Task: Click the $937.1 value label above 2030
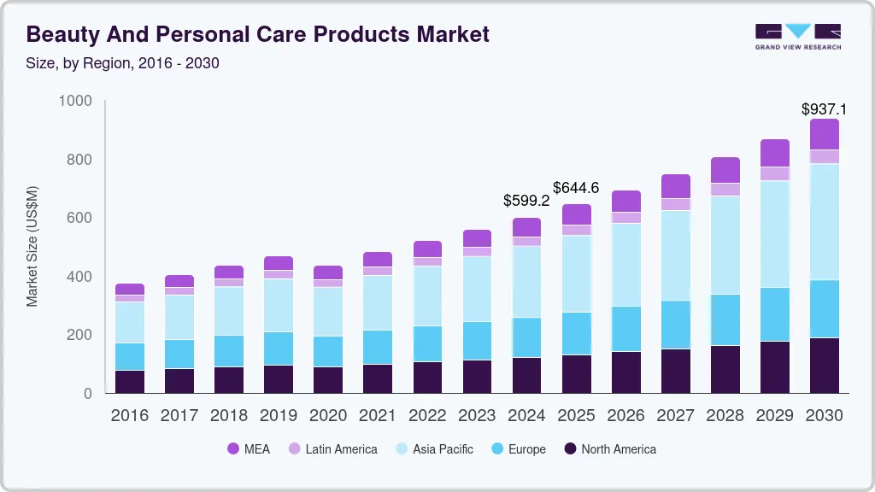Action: [824, 109]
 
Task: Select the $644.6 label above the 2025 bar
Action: [576, 188]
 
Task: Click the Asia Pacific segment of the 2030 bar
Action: [824, 222]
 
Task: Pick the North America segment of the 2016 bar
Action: [130, 382]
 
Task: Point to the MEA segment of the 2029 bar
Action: [775, 153]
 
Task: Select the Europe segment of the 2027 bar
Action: [675, 325]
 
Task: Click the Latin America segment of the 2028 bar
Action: [725, 190]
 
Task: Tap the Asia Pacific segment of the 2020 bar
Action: [328, 312]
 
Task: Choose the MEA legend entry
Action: [249, 449]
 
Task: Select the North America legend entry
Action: [609, 449]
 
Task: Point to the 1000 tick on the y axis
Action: [75, 102]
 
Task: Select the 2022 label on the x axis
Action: [427, 416]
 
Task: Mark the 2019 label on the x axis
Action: [279, 416]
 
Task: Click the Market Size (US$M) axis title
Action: [32, 246]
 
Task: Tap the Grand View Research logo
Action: [797, 37]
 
